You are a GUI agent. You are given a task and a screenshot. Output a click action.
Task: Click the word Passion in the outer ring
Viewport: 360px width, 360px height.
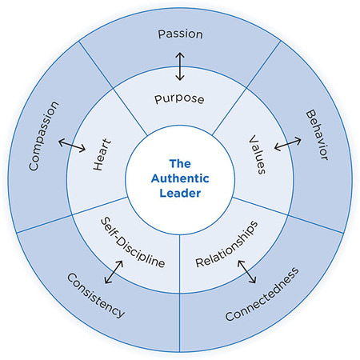coord(180,35)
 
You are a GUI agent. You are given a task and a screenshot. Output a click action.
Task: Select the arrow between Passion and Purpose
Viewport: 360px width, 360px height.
coord(180,68)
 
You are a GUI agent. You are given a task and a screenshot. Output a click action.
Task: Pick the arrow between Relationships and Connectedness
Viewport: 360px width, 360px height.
coord(246,271)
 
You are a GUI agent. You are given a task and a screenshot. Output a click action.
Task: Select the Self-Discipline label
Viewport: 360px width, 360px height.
coord(131,241)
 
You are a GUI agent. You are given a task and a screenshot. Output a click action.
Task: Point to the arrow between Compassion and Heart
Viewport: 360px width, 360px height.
coord(72,147)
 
